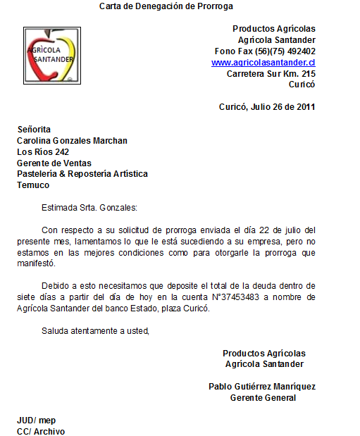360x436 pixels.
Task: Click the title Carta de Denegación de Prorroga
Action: point(166,6)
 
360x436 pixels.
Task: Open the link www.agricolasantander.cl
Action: point(263,63)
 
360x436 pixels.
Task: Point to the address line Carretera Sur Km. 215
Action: point(271,73)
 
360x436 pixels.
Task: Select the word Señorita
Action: point(34,130)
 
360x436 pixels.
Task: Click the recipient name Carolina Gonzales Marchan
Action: point(72,141)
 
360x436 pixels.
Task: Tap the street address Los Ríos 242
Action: point(43,152)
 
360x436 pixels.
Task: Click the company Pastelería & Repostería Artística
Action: point(82,174)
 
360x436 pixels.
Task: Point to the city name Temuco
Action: point(33,185)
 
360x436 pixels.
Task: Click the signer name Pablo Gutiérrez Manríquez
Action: point(262,387)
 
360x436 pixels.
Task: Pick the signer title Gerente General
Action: point(263,398)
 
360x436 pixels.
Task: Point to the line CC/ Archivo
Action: point(41,431)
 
